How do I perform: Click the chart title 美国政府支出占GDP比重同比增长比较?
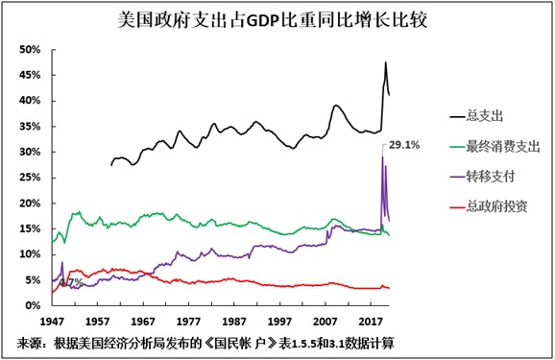click(x=277, y=17)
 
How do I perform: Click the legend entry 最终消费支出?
click(x=502, y=147)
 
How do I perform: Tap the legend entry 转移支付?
click(x=488, y=177)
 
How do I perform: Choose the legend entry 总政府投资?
click(x=495, y=206)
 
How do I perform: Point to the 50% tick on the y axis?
click(x=29, y=50)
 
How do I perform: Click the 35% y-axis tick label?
click(x=29, y=127)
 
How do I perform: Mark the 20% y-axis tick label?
click(x=29, y=204)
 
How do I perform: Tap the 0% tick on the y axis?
click(x=33, y=305)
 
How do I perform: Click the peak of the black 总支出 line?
click(x=385, y=63)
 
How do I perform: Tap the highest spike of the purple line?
click(x=382, y=157)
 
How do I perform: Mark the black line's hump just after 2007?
click(x=337, y=106)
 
